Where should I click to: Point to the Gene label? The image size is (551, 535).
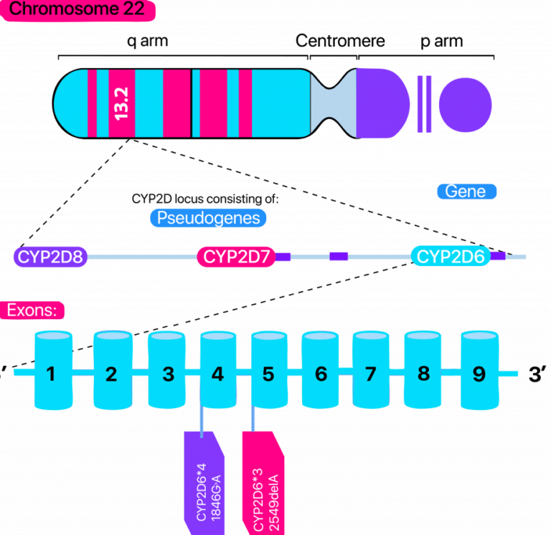[x=466, y=191]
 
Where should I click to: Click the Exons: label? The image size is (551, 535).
[x=34, y=311]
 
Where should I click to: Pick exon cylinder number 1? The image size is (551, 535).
[x=51, y=372]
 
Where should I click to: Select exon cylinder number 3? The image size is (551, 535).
[x=168, y=372]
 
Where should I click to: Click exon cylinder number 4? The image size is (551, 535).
[x=218, y=372]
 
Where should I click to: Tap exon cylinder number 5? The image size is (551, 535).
[x=268, y=372]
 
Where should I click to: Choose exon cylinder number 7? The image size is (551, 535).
[x=370, y=372]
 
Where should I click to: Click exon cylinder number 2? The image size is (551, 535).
[x=110, y=372]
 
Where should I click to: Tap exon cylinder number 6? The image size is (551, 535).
[x=320, y=372]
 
